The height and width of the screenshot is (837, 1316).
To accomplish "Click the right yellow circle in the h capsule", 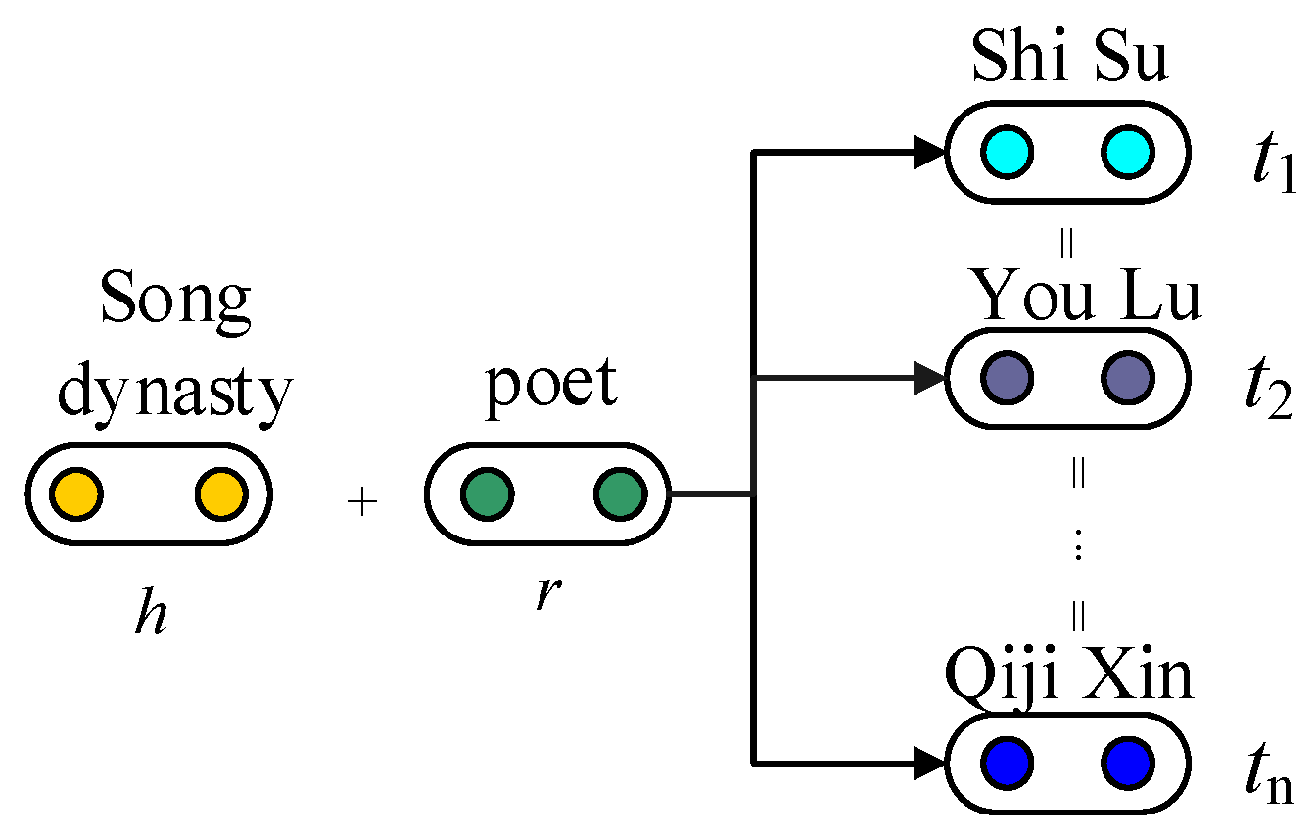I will click(219, 494).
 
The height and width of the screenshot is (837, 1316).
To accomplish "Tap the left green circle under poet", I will click(487, 494).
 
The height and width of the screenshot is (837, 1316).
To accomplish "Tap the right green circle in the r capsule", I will click(619, 494).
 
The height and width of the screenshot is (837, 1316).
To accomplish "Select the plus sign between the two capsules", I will click(362, 503).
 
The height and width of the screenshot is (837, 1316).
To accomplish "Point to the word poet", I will click(551, 385).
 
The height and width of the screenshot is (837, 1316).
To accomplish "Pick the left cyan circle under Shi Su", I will click(1008, 152).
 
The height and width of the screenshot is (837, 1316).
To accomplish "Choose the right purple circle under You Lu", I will click(1126, 378).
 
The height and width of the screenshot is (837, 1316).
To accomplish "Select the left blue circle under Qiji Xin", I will click(1008, 762).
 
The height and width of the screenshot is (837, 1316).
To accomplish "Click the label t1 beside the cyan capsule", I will click(1271, 166).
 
